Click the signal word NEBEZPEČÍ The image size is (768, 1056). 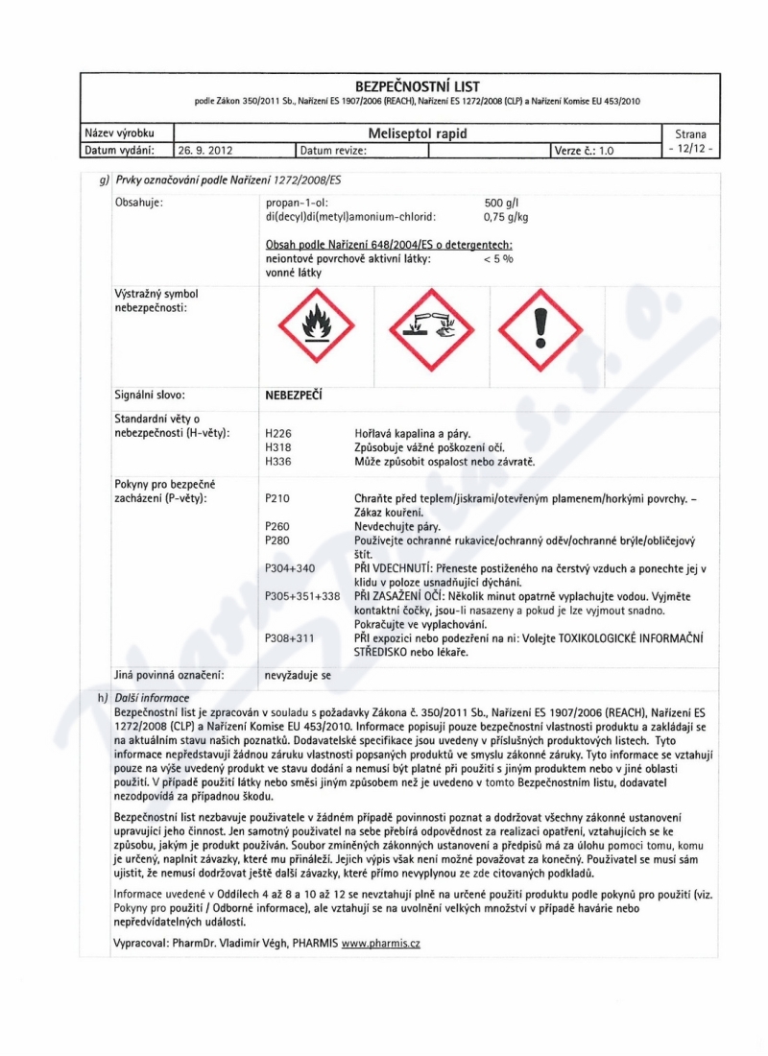pos(295,394)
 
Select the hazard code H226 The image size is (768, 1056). pos(276,435)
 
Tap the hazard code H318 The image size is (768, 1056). pos(276,448)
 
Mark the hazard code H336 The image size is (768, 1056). pos(276,462)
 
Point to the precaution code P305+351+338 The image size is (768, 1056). pos(302,596)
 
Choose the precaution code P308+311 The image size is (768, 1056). pos(289,638)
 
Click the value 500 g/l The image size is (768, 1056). pos(501,204)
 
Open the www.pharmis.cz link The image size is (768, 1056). pos(381,944)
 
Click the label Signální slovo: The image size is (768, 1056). pos(150,394)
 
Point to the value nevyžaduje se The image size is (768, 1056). pos(298,676)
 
